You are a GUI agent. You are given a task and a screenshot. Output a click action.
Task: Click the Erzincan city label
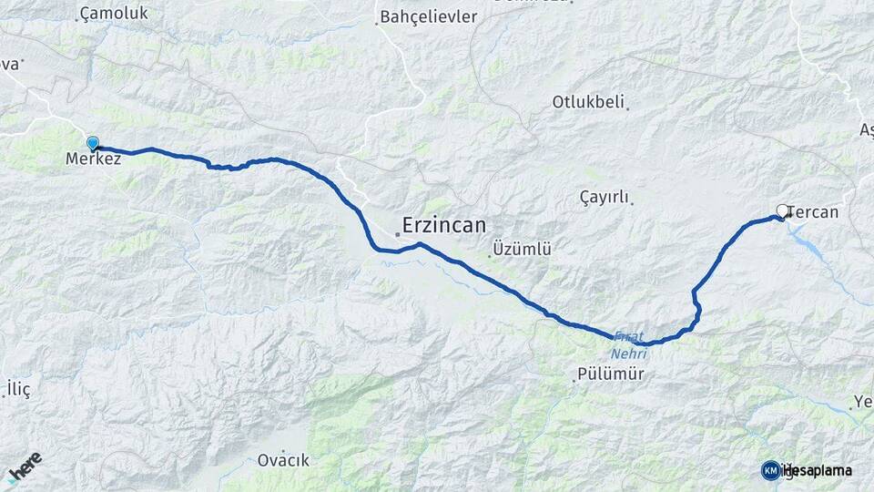(x=444, y=225)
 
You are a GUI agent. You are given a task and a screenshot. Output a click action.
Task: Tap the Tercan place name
(x=814, y=212)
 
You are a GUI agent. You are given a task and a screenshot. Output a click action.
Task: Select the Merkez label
(x=93, y=159)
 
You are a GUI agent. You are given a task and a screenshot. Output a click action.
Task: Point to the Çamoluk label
(x=114, y=14)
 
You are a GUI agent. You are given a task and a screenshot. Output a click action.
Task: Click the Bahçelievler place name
(x=428, y=16)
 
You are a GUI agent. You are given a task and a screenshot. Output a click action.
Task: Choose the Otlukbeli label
(x=587, y=102)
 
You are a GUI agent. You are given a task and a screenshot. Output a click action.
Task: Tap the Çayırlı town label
(x=604, y=197)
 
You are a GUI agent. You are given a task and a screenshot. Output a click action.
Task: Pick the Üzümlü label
(x=522, y=249)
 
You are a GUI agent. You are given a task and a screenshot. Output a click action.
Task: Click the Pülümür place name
(x=611, y=374)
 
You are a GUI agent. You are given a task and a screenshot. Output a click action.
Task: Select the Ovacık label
(x=283, y=462)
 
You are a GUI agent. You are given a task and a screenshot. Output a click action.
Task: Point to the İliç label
(x=18, y=390)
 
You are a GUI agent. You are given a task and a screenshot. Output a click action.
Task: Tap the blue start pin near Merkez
(x=93, y=143)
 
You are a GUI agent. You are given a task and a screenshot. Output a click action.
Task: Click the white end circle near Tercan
(x=781, y=210)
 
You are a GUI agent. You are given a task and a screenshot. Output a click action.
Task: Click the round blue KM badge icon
(x=770, y=470)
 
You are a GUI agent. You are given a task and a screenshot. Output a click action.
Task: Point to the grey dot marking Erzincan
(x=398, y=235)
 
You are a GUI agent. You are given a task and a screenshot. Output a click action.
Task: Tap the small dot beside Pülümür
(x=574, y=381)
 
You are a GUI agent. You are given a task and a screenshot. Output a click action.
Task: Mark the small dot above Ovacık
(x=283, y=450)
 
